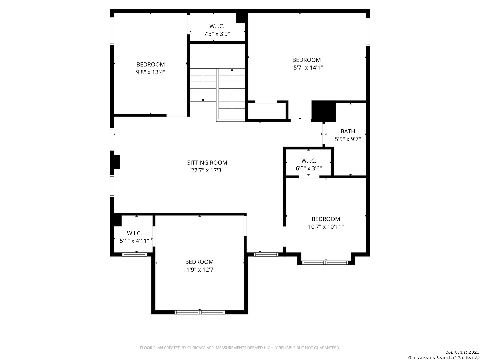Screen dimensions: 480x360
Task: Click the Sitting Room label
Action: (207, 162)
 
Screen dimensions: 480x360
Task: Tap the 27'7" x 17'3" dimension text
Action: (207, 170)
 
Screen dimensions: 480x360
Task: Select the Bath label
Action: (347, 131)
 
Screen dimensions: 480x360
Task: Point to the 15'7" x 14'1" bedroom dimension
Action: (306, 68)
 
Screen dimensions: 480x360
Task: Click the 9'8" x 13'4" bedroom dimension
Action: (150, 72)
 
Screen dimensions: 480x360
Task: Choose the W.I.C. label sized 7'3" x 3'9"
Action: (217, 26)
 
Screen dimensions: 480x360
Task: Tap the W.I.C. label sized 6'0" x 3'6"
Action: (309, 161)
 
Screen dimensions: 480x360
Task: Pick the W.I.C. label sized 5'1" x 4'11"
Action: (134, 233)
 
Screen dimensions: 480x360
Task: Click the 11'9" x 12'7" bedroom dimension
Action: (199, 270)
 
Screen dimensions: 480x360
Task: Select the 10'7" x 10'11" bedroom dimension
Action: (326, 227)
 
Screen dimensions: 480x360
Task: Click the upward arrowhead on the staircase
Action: (232, 70)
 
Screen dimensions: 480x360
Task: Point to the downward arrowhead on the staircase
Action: (203, 100)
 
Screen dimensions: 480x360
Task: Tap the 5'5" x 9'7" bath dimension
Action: (347, 139)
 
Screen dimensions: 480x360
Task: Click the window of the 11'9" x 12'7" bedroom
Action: (199, 312)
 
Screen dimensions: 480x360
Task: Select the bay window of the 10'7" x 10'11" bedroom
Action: (325, 263)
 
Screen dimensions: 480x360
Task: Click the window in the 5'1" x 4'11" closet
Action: (134, 254)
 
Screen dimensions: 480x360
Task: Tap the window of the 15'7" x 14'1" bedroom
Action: (368, 32)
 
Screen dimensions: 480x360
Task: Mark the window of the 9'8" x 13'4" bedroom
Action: (112, 31)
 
